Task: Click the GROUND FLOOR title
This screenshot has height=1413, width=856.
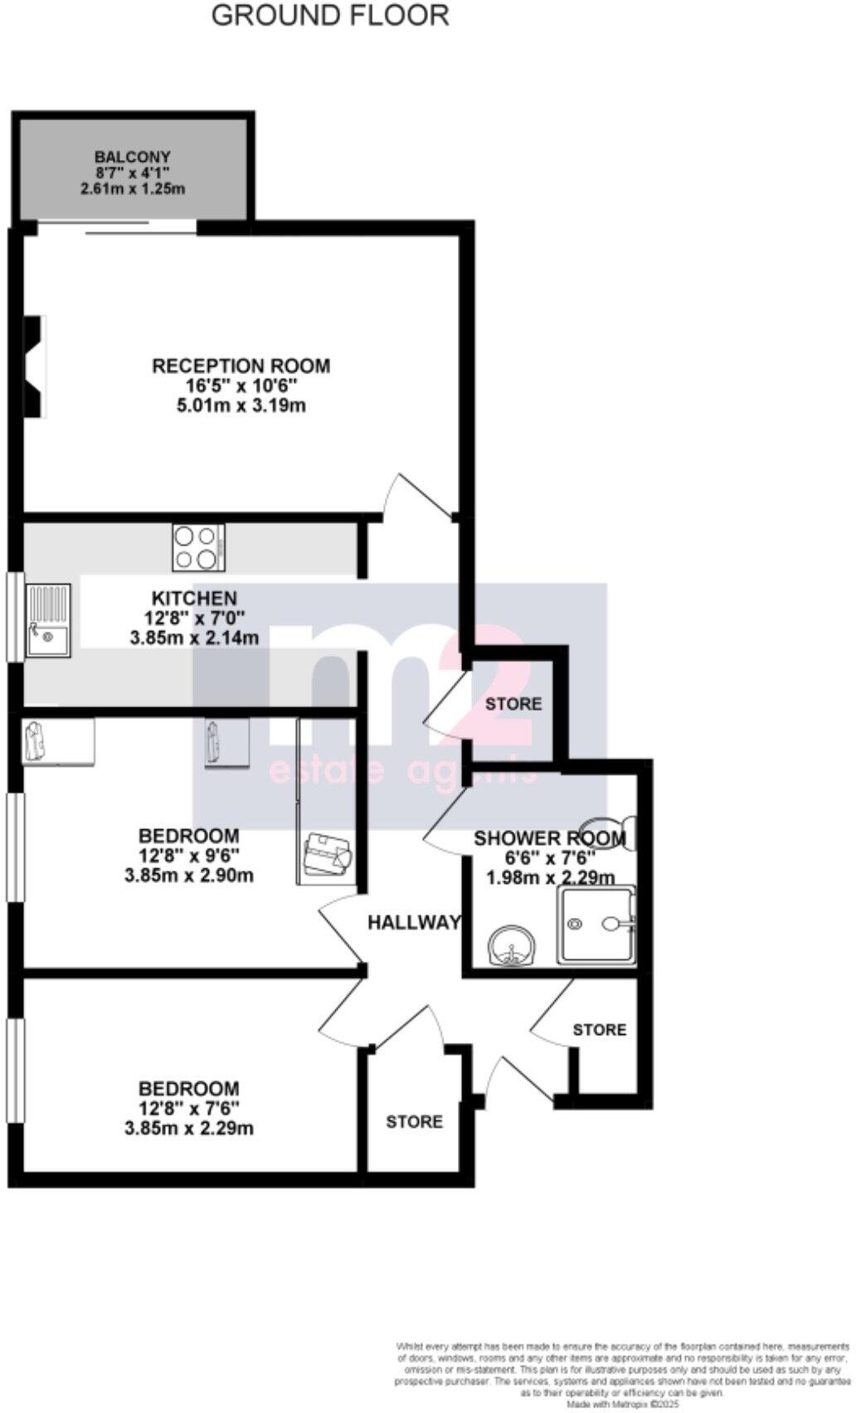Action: click(x=329, y=15)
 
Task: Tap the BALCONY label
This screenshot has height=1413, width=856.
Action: click(x=132, y=157)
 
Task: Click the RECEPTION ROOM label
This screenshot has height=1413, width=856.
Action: click(x=241, y=366)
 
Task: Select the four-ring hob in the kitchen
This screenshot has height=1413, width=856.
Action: click(x=198, y=548)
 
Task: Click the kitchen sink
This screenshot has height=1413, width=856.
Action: click(x=47, y=620)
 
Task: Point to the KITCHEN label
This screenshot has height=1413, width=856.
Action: click(x=194, y=598)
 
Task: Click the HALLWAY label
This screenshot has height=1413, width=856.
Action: click(x=414, y=922)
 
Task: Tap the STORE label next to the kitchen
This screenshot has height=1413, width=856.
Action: click(x=513, y=704)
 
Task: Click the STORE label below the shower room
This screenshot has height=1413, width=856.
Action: click(x=599, y=1030)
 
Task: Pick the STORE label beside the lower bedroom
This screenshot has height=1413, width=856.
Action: click(x=414, y=1122)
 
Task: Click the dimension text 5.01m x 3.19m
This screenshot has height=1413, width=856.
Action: click(x=241, y=406)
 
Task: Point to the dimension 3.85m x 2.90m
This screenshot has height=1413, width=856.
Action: click(x=189, y=876)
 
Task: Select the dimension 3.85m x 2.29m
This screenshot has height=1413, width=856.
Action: click(x=189, y=1129)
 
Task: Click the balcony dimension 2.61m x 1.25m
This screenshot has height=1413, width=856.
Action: click(x=132, y=189)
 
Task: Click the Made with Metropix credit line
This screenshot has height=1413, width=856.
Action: click(x=622, y=1405)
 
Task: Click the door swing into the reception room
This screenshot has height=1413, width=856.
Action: click(x=419, y=498)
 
